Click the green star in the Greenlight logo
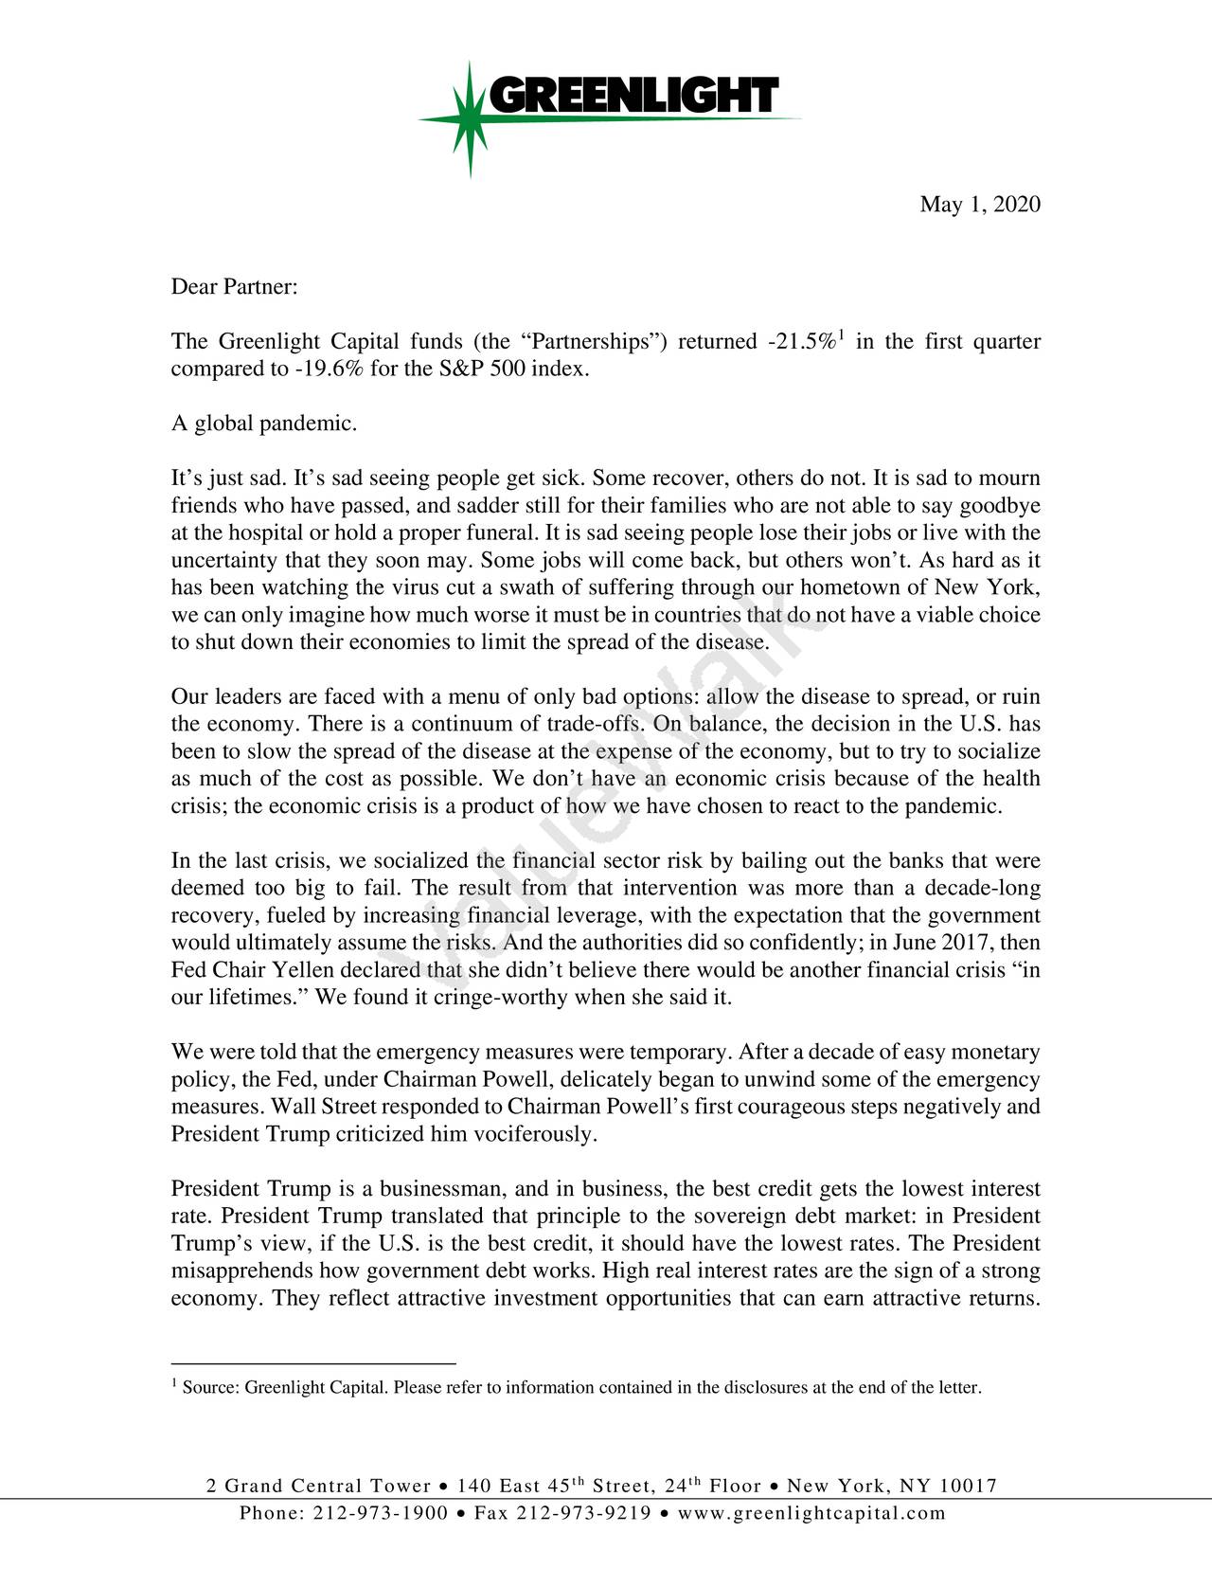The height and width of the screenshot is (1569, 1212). pos(471,118)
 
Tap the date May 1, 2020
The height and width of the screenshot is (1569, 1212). pos(980,206)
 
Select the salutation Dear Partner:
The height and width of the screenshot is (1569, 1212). pos(235,287)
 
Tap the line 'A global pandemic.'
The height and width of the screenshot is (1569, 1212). pos(264,424)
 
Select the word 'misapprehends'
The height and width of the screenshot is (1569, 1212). pos(242,1271)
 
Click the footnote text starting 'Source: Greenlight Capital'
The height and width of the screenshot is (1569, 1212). pos(581,1389)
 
